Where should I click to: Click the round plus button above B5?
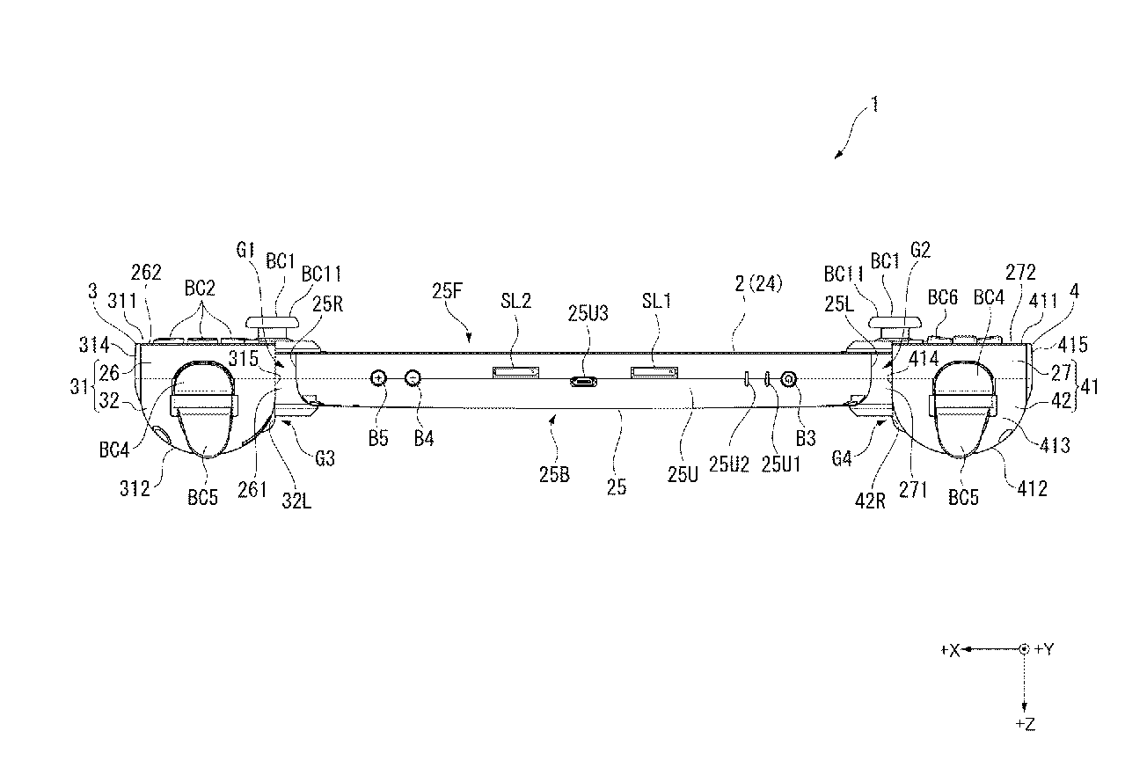[x=378, y=377]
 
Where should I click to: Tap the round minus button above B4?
[x=413, y=377]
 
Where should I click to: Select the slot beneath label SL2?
[x=515, y=372]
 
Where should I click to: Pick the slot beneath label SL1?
[x=654, y=372]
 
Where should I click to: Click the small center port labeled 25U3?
[x=583, y=382]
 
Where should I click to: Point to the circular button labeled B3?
[x=789, y=379]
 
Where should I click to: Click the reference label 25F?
[x=447, y=291]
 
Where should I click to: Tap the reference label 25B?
[x=554, y=475]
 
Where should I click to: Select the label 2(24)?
[x=758, y=284]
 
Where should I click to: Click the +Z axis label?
[x=1025, y=724]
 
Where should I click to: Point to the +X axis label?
[x=950, y=650]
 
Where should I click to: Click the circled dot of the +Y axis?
[x=1024, y=649]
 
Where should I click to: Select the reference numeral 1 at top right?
[x=874, y=105]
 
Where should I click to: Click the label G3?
[x=325, y=458]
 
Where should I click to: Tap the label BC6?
[x=943, y=297]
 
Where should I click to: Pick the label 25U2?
[x=728, y=465]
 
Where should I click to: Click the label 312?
[x=135, y=488]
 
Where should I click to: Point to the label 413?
[x=1055, y=445]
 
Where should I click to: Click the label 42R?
[x=870, y=501]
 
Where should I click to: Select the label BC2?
[x=200, y=289]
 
